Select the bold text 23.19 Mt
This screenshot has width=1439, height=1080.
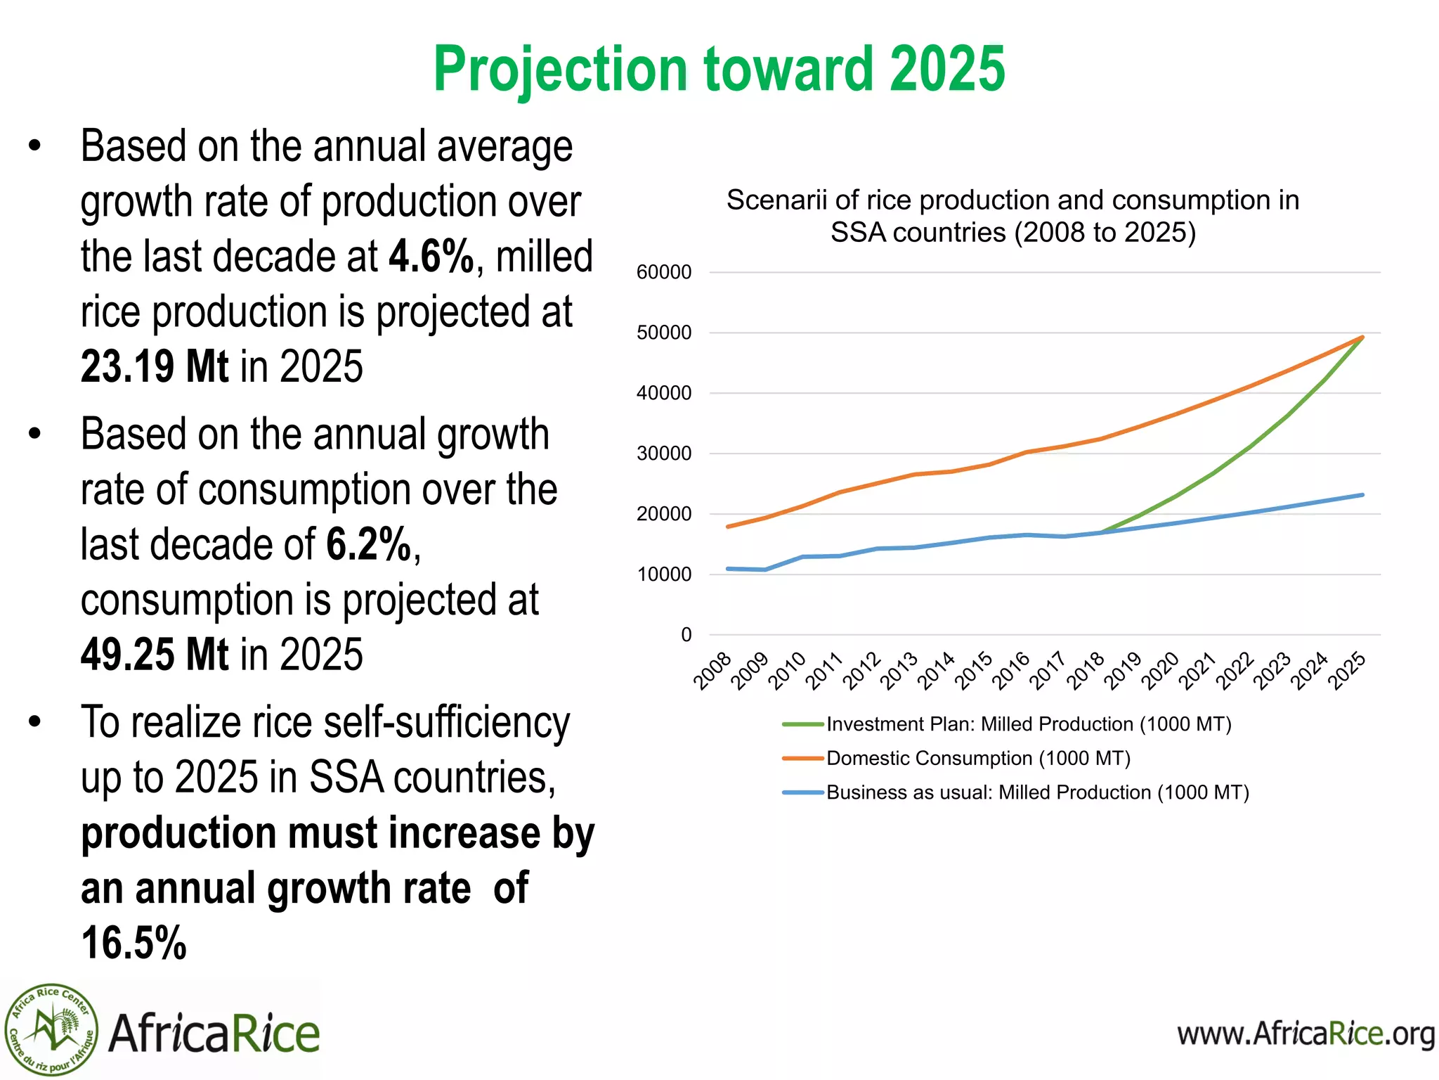point(155,367)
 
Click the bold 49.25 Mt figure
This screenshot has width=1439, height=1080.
point(155,655)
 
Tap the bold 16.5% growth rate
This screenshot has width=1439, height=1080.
point(134,944)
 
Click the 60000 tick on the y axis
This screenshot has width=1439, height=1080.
point(664,272)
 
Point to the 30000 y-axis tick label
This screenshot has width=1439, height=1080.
point(664,454)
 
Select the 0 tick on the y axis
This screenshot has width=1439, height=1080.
point(686,635)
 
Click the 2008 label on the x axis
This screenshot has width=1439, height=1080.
point(712,671)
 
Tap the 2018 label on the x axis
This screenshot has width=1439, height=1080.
point(1086,671)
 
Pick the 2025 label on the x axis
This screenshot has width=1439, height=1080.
point(1347,671)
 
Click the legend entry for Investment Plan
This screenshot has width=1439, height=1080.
point(1028,724)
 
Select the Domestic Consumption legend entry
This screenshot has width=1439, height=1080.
point(977,759)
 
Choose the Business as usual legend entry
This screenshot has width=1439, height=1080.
point(1037,792)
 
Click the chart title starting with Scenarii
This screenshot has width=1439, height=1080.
point(1012,216)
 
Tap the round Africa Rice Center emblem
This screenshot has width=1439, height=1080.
point(51,1030)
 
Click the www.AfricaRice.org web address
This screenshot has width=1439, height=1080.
point(1305,1034)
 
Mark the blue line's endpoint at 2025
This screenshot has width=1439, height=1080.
point(1362,495)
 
